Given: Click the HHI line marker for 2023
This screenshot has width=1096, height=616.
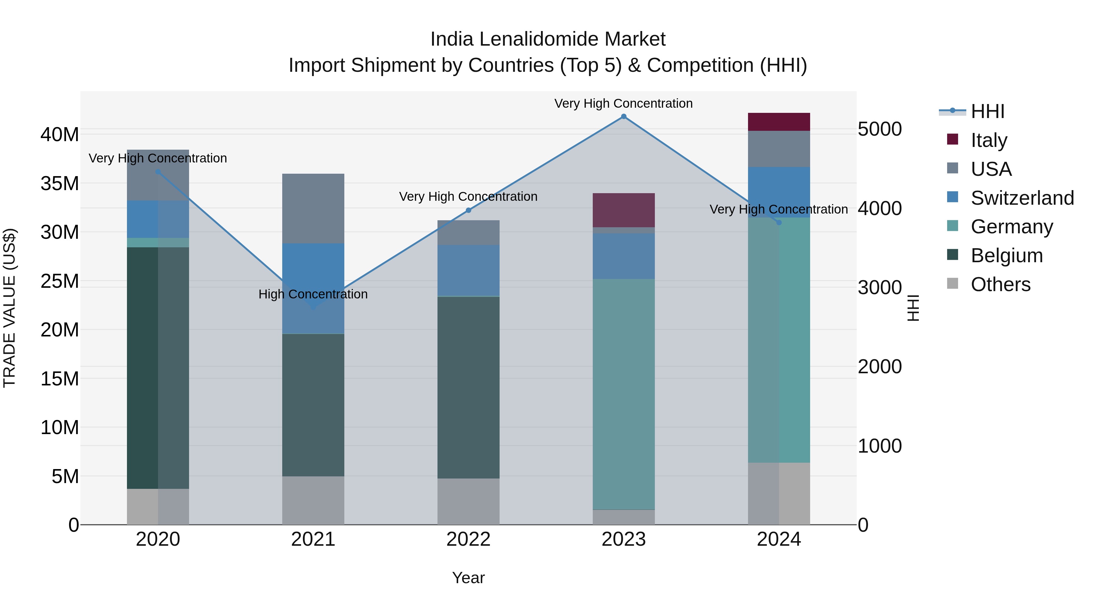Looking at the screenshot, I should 624,117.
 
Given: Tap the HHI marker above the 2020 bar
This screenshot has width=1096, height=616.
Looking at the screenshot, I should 158,172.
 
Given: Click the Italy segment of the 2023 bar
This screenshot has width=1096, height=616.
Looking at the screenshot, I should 624,210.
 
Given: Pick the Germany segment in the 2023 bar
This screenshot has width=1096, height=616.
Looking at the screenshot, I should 624,394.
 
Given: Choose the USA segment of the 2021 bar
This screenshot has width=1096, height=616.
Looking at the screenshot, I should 313,208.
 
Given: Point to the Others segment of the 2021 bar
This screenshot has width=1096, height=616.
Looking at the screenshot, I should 313,500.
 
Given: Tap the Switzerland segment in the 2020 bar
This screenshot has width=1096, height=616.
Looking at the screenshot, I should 158,219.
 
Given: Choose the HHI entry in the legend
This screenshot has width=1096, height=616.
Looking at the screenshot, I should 987,111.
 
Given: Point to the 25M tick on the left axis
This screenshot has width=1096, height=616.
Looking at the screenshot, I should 60,281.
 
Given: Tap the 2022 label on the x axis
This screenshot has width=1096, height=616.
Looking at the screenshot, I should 469,539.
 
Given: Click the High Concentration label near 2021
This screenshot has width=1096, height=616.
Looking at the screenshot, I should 313,294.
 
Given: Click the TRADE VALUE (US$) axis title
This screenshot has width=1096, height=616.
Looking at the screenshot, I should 9,308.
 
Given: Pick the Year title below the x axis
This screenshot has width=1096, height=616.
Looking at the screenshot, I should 469,578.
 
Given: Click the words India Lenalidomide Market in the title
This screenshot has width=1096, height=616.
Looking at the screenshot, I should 548,39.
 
